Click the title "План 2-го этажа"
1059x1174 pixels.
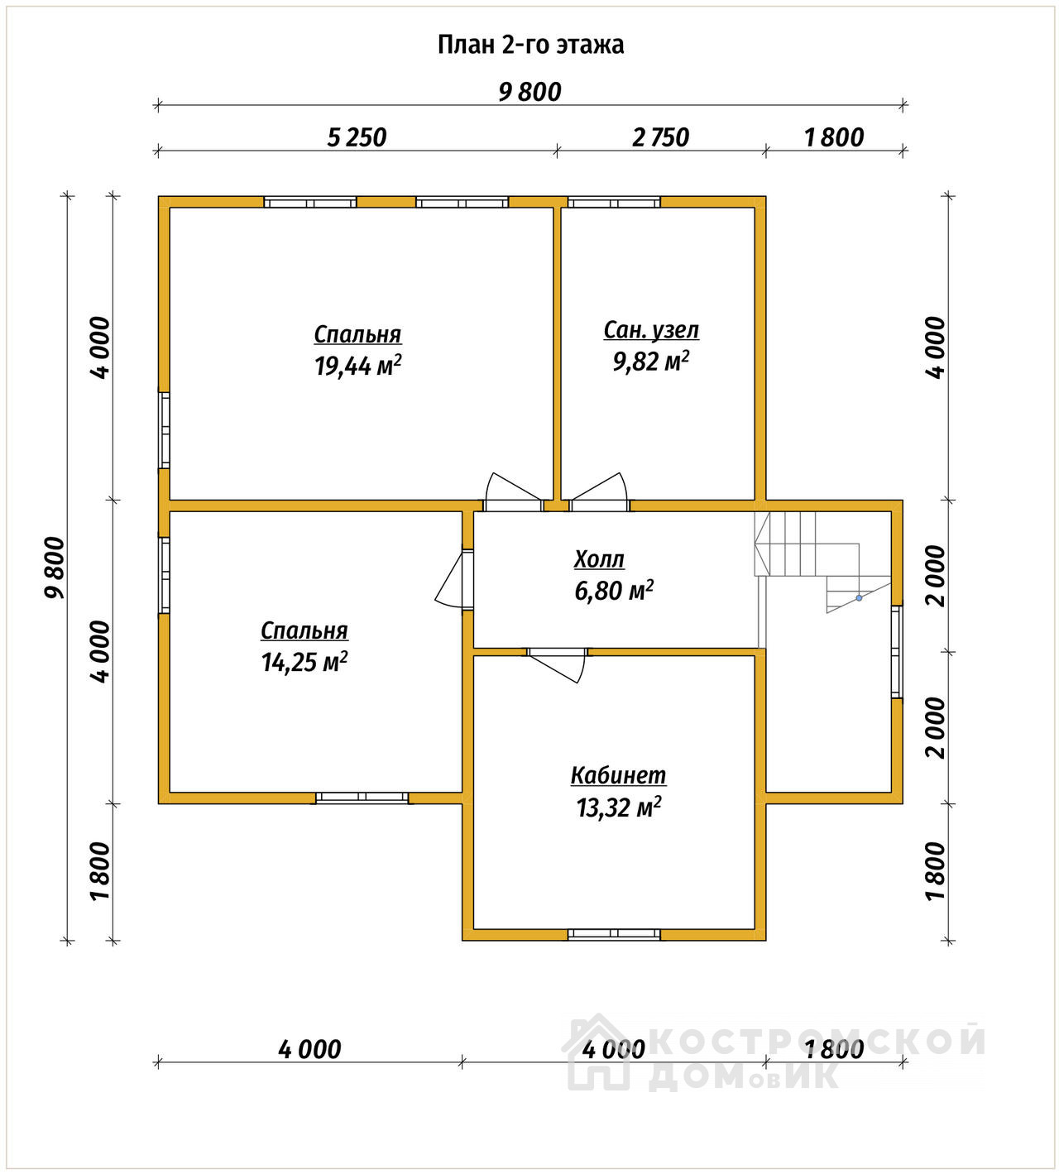pyautogui.click(x=530, y=45)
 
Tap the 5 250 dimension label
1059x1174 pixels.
pyautogui.click(x=357, y=137)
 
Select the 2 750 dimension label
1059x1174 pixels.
pyautogui.click(x=660, y=137)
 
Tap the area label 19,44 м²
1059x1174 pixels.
pyautogui.click(x=357, y=366)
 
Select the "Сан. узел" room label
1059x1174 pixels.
pyautogui.click(x=651, y=331)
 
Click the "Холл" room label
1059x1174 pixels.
pyautogui.click(x=599, y=559)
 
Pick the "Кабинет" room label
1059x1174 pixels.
pyautogui.click(x=618, y=775)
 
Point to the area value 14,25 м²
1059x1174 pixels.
pyautogui.click(x=304, y=662)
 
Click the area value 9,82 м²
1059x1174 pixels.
pyautogui.click(x=651, y=361)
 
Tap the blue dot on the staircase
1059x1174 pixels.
pyautogui.click(x=859, y=597)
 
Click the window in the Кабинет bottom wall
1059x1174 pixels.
pyautogui.click(x=614, y=934)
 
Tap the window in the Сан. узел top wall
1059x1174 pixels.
pyautogui.click(x=614, y=203)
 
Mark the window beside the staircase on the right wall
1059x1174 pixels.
pyautogui.click(x=896, y=651)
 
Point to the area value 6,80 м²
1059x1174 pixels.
pyautogui.click(x=614, y=591)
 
